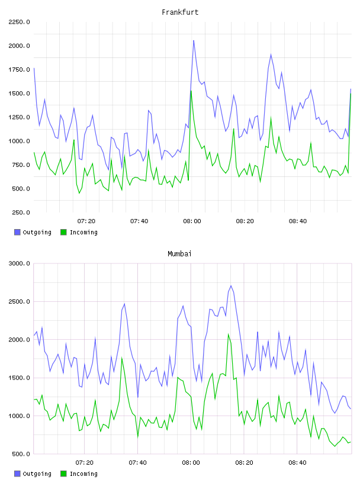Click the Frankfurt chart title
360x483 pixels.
click(x=180, y=12)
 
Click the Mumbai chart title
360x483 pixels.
click(x=179, y=254)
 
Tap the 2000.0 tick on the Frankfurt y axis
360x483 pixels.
click(x=19, y=46)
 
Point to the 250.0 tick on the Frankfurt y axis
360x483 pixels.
click(x=21, y=212)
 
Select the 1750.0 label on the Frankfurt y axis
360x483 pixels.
click(x=19, y=70)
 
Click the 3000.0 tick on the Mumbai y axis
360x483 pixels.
click(x=19, y=263)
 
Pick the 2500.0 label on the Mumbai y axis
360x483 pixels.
click(x=19, y=301)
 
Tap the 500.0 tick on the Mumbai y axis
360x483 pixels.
click(x=21, y=454)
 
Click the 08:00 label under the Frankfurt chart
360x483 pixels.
click(x=192, y=221)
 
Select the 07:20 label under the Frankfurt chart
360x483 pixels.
click(x=86, y=221)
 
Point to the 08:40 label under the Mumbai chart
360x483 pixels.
click(x=297, y=463)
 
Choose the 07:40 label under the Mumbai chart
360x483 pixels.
click(x=138, y=463)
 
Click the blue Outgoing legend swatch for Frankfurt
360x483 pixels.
click(x=17, y=232)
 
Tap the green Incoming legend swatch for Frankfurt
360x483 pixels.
click(x=63, y=232)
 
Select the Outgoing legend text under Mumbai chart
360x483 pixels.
click(x=37, y=474)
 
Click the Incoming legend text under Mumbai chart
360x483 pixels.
click(x=83, y=474)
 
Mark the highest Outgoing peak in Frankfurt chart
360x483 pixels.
click(x=194, y=40)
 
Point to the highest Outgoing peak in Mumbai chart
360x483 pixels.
click(x=231, y=285)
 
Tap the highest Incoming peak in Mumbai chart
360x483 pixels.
click(x=229, y=334)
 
